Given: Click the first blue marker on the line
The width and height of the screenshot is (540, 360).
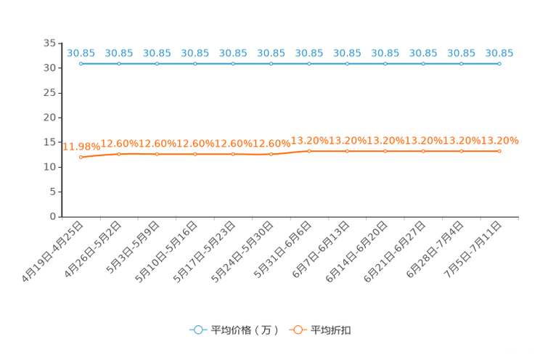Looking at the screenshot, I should (x=81, y=64).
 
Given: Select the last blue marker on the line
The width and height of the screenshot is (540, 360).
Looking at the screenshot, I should (x=499, y=64).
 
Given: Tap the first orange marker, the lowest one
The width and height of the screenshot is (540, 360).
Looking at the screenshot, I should (x=81, y=157).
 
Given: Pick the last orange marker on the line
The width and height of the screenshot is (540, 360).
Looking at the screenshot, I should (x=499, y=151).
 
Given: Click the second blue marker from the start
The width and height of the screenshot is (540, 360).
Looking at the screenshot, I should (x=119, y=64).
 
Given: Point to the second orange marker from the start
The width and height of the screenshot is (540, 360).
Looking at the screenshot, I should (x=119, y=154).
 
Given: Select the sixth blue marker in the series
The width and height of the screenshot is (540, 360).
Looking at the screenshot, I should (x=271, y=64).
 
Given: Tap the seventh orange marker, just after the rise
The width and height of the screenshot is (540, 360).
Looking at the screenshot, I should (x=309, y=151).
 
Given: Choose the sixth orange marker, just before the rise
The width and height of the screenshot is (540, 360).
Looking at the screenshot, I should (x=271, y=154).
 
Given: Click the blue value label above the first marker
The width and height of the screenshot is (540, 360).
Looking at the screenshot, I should (x=81, y=53).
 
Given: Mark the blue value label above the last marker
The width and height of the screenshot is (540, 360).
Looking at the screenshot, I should (x=499, y=53).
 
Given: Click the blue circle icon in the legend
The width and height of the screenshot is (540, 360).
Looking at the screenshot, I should (x=197, y=330).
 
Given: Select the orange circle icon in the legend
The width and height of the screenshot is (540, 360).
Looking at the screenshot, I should (x=298, y=330).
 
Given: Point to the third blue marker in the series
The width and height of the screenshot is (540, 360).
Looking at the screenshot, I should (x=157, y=64).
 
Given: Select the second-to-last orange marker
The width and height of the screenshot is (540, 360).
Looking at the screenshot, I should (x=461, y=151).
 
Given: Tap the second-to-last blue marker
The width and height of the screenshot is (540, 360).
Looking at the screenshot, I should (x=461, y=64).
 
